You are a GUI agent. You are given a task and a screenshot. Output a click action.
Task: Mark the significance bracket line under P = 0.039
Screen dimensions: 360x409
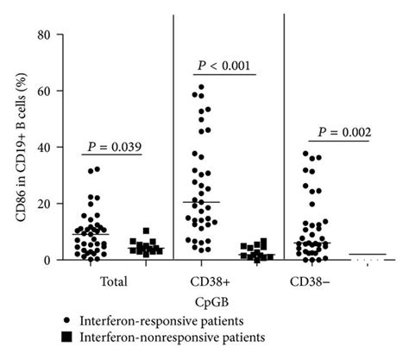tap(117, 154)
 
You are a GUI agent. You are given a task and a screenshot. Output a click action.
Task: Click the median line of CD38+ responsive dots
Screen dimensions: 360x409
tap(202, 202)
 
